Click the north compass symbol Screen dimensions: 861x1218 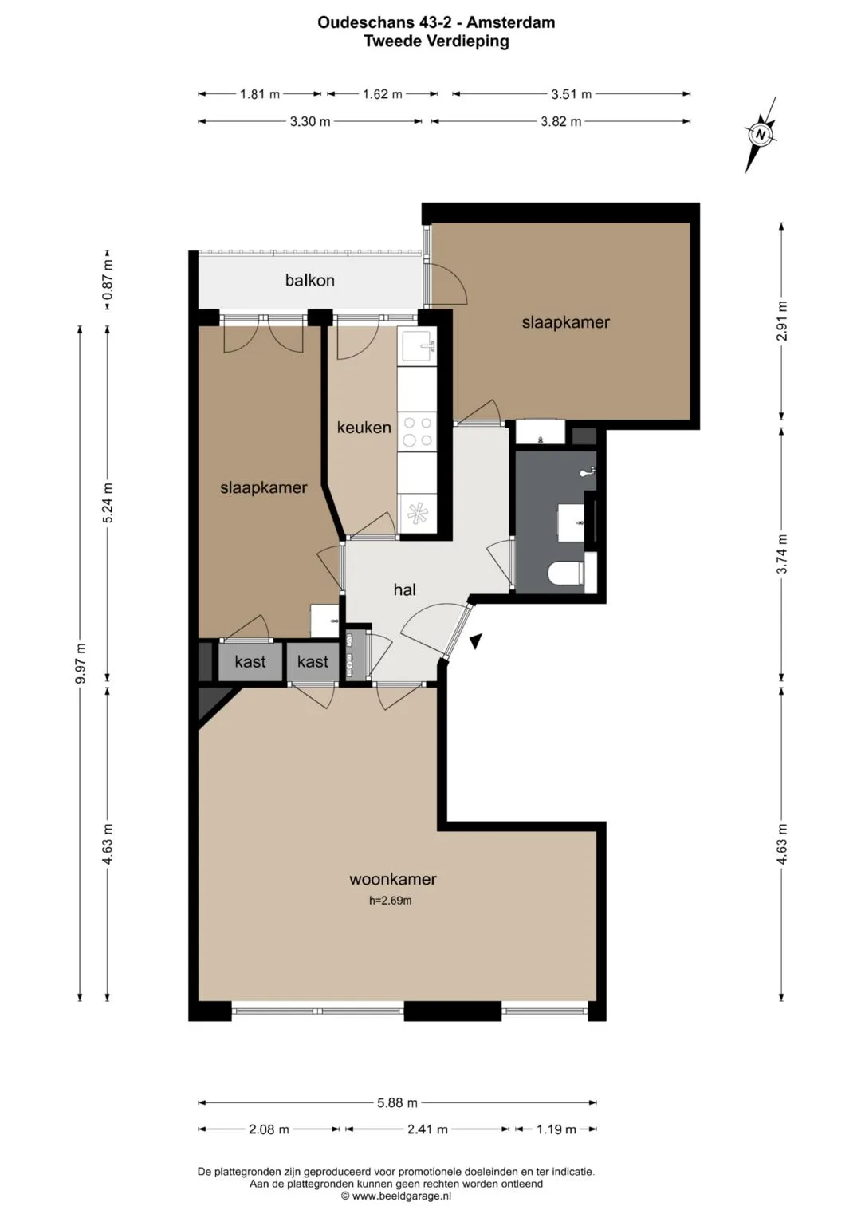tap(761, 135)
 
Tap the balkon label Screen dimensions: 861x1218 tap(310, 281)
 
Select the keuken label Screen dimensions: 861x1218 tap(364, 428)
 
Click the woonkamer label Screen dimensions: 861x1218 tap(392, 879)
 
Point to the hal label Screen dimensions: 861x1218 tap(404, 589)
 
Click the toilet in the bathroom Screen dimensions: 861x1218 tap(565, 574)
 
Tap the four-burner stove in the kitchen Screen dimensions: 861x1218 tap(418, 432)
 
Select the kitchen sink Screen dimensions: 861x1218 tap(418, 346)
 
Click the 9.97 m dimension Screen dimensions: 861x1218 tap(81, 663)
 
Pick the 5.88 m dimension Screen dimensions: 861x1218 tap(397, 1102)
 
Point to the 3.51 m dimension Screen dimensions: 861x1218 tap(572, 94)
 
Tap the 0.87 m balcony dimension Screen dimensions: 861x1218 tap(108, 281)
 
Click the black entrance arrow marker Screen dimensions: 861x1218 tap(476, 641)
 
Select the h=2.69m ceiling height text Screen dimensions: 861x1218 tap(391, 901)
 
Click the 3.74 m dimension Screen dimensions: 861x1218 tap(782, 554)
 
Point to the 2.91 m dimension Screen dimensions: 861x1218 tap(782, 321)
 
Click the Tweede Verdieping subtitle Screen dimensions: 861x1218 tap(437, 41)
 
